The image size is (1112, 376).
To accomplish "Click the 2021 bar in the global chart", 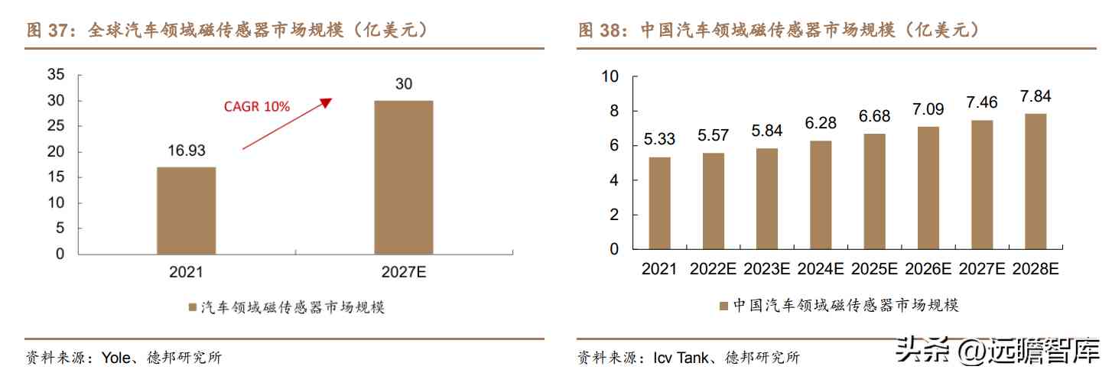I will [x=186, y=210].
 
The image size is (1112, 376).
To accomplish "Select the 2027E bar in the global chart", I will [x=403, y=177].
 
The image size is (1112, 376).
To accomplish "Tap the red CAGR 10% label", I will [x=257, y=107].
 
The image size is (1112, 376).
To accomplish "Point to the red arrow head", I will [x=326, y=102].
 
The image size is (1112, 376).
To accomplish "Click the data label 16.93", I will [x=186, y=151].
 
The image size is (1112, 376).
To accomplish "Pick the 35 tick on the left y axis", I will [x=56, y=75].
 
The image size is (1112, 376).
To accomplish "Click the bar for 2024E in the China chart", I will [x=820, y=195].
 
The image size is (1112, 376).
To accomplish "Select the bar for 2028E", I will [x=1036, y=181].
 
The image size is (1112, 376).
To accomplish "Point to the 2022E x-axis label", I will [x=712, y=269].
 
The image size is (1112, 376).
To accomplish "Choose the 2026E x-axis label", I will [x=928, y=269].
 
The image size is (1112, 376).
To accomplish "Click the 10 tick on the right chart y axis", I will [x=610, y=76].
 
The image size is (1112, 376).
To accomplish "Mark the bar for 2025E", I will [x=874, y=191].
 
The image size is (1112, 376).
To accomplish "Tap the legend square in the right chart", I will [x=723, y=306].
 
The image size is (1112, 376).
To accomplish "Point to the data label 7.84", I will [x=1036, y=96].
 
